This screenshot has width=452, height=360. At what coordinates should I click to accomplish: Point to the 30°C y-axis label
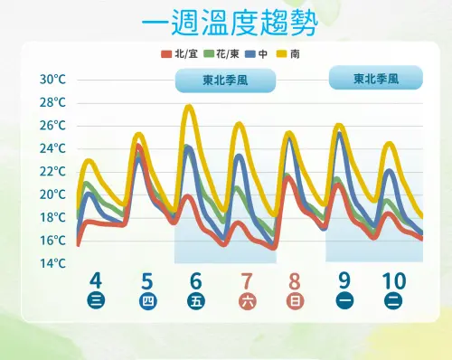tap(53, 80)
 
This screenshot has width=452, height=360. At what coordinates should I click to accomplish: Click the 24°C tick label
tap(53, 148)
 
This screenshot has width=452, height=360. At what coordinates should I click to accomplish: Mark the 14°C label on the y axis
tap(53, 263)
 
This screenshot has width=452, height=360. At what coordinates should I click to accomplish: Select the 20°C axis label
tap(53, 194)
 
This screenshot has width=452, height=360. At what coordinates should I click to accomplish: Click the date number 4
tap(96, 280)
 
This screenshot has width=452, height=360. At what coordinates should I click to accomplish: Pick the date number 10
tap(394, 280)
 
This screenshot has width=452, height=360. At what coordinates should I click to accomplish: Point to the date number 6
tap(195, 280)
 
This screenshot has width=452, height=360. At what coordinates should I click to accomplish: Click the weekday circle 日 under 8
tap(295, 302)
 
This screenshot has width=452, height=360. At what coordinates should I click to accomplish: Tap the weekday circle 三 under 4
tap(96, 302)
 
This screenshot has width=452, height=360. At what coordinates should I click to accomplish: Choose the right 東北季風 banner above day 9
tap(375, 78)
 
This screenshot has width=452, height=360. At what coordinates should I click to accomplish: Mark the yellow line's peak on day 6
tap(189, 107)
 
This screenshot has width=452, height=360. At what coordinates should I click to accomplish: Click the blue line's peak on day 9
tap(340, 133)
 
